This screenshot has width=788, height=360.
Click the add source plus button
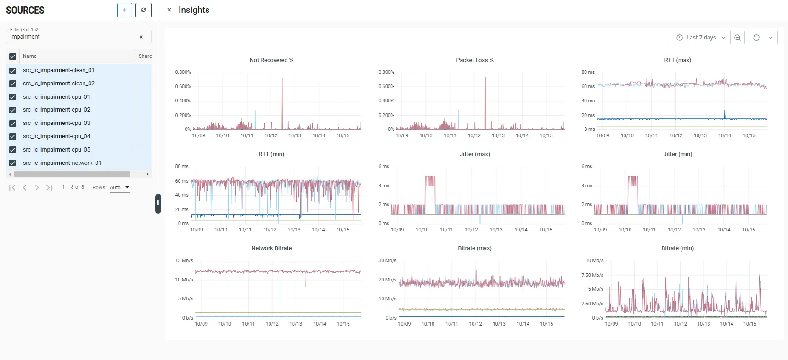click(x=124, y=10)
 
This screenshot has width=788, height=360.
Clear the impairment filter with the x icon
click(x=141, y=37)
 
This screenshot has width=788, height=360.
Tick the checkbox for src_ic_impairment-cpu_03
click(x=13, y=123)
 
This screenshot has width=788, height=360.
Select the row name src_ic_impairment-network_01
click(x=62, y=163)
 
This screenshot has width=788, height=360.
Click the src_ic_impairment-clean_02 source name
click(x=59, y=84)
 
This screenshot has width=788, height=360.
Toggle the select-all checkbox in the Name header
click(x=13, y=56)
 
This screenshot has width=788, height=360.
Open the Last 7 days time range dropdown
click(x=701, y=38)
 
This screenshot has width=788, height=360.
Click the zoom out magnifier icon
click(x=737, y=38)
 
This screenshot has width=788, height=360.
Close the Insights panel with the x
click(x=169, y=10)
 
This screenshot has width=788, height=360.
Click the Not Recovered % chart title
click(x=271, y=60)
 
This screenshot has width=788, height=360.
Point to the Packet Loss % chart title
click(x=475, y=60)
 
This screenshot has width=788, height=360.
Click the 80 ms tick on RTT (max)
click(x=588, y=73)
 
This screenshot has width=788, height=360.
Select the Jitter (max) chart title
click(x=475, y=154)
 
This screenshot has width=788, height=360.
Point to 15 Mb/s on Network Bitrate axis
click(x=184, y=261)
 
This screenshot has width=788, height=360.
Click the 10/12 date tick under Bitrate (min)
click(x=681, y=324)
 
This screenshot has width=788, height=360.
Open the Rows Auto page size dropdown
click(x=119, y=187)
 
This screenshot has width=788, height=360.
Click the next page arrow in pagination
click(x=37, y=187)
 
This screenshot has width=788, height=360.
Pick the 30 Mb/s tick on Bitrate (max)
click(x=388, y=261)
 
